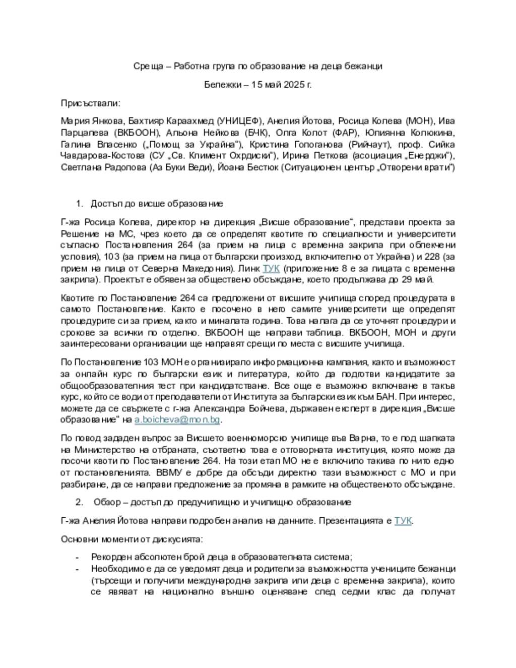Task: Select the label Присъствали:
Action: [91, 103]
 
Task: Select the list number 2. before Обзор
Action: [80, 502]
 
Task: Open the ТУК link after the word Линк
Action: [271, 268]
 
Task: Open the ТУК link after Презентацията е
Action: [403, 520]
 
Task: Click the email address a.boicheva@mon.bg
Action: [177, 419]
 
